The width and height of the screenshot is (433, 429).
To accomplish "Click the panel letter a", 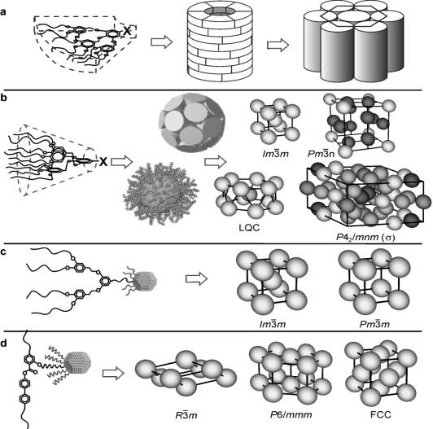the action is [3, 12].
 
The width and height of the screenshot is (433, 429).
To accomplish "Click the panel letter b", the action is [4, 98].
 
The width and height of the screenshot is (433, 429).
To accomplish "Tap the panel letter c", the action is [3, 253].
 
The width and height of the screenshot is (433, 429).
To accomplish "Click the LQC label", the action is [249, 228].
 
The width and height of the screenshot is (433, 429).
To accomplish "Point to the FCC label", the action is [381, 414].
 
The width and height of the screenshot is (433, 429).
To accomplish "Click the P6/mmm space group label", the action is [291, 414].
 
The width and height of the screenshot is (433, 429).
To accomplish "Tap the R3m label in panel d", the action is [186, 414].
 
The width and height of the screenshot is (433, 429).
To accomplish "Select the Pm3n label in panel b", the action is [321, 153].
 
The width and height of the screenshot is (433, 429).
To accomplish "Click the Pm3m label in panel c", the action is [374, 323].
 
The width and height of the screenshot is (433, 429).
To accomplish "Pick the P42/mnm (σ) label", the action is [365, 237].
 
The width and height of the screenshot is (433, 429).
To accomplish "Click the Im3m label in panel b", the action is [276, 153].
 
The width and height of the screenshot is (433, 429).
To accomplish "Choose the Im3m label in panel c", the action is [273, 323].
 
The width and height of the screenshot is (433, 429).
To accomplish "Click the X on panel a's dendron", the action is [127, 31].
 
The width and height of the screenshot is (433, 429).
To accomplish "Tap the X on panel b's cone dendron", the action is [103, 161].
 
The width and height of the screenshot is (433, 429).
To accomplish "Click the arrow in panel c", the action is [196, 278].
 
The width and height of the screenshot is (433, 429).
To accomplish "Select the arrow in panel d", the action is [113, 374].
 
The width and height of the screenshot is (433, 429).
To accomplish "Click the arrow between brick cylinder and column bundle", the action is [278, 45].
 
